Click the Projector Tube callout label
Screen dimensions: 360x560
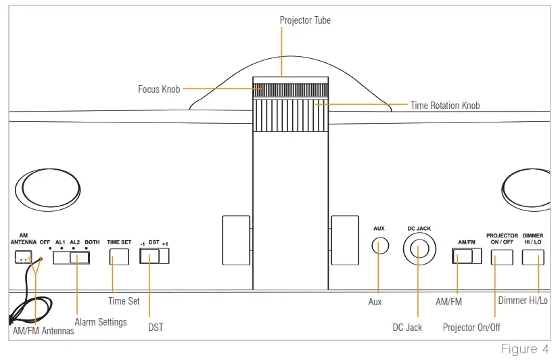[305, 20]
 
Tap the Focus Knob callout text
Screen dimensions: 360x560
[159, 89]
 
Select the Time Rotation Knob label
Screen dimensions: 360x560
[445, 106]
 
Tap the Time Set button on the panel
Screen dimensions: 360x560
[119, 256]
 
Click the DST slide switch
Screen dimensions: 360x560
[154, 256]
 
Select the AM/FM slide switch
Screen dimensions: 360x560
[467, 256]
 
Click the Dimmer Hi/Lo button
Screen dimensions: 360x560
[533, 256]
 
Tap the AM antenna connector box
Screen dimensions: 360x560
[24, 257]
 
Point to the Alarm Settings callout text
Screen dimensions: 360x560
[99, 322]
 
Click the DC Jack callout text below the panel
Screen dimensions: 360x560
[407, 328]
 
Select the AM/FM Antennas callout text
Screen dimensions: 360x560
[43, 331]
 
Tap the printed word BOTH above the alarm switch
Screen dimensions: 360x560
[92, 242]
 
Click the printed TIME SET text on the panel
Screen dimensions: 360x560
[118, 242]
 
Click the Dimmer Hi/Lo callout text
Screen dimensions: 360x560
[523, 300]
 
